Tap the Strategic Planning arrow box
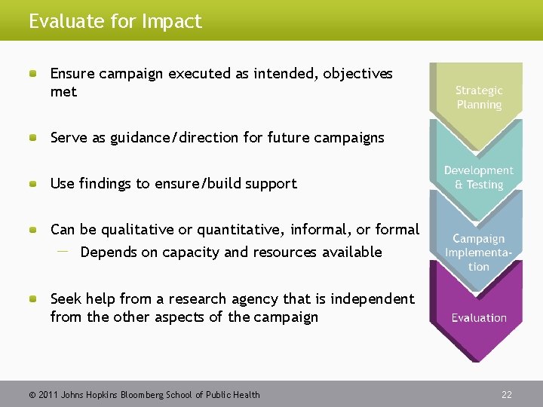click(478, 97)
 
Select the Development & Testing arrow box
click(478, 178)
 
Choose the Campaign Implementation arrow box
click(478, 252)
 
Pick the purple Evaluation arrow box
click(478, 318)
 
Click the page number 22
click(507, 394)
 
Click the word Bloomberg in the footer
click(148, 394)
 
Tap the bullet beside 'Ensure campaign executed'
click(34, 74)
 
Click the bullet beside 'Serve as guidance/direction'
click(34, 138)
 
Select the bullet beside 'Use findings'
click(34, 184)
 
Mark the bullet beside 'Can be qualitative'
click(34, 230)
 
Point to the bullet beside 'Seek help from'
click(34, 299)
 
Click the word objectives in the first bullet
click(357, 74)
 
